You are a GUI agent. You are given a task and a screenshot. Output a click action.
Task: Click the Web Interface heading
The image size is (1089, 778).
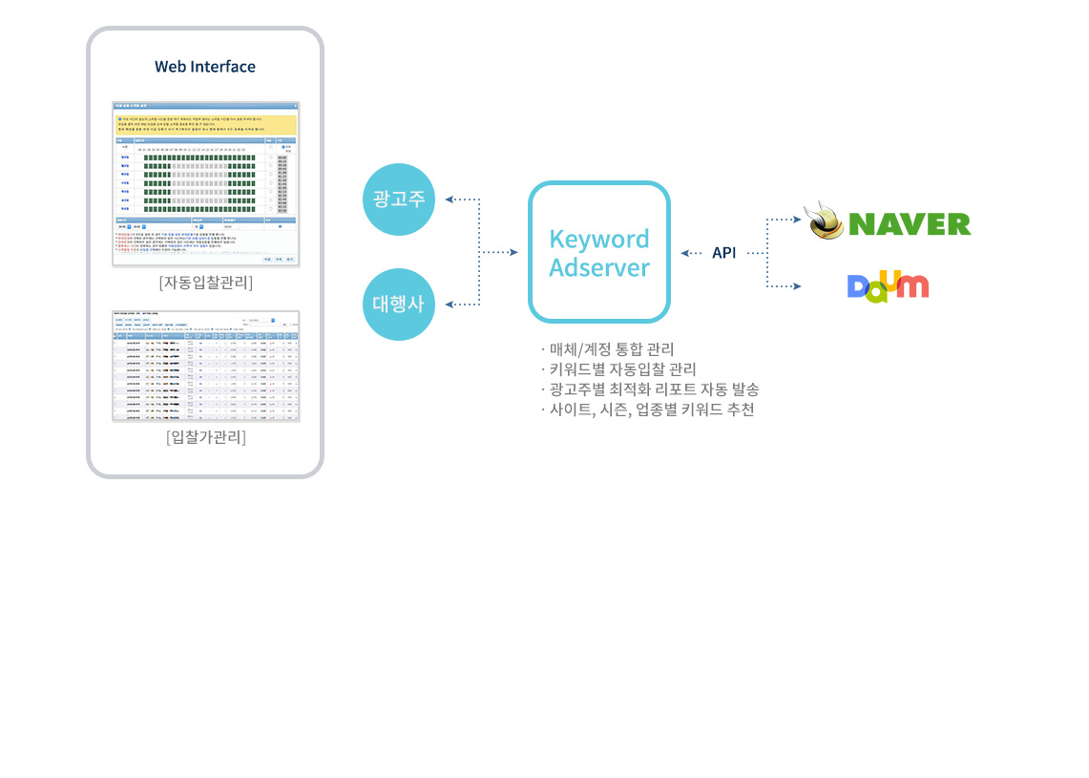click(x=205, y=67)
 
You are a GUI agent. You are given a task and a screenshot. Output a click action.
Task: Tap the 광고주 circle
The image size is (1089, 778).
click(x=399, y=200)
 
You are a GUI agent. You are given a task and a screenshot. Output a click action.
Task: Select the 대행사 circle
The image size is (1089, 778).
click(x=399, y=305)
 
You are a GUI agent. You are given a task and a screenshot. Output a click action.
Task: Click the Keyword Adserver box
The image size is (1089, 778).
click(x=599, y=252)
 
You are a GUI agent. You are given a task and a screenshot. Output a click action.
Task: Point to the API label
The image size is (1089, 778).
click(x=723, y=253)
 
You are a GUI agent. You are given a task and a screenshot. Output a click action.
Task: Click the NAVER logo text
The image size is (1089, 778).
click(x=909, y=224)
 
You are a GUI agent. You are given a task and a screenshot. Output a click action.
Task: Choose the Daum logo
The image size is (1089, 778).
click(x=888, y=285)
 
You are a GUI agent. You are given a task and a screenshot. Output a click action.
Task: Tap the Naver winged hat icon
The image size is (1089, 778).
click(x=825, y=221)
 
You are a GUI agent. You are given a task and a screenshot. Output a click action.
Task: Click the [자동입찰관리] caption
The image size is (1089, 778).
click(x=205, y=283)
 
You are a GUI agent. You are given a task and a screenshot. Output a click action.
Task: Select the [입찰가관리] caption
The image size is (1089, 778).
click(x=205, y=438)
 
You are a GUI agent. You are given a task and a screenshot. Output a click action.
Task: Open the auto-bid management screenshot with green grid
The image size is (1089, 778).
click(x=205, y=184)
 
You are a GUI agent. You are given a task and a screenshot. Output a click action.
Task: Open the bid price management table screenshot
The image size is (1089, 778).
click(x=205, y=366)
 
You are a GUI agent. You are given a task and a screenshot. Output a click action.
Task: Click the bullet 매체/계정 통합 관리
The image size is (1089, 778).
click(x=607, y=348)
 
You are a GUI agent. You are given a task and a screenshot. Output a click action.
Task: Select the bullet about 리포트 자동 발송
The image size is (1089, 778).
click(x=649, y=389)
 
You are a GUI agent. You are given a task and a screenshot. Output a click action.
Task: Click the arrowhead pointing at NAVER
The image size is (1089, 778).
click(x=798, y=219)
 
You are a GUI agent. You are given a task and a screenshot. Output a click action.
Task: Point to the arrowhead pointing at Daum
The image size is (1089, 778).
click(x=798, y=285)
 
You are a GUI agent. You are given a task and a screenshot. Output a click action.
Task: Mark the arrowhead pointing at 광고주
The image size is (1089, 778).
click(x=450, y=200)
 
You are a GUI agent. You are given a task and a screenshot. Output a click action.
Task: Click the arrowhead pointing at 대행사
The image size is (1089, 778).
click(x=450, y=305)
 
